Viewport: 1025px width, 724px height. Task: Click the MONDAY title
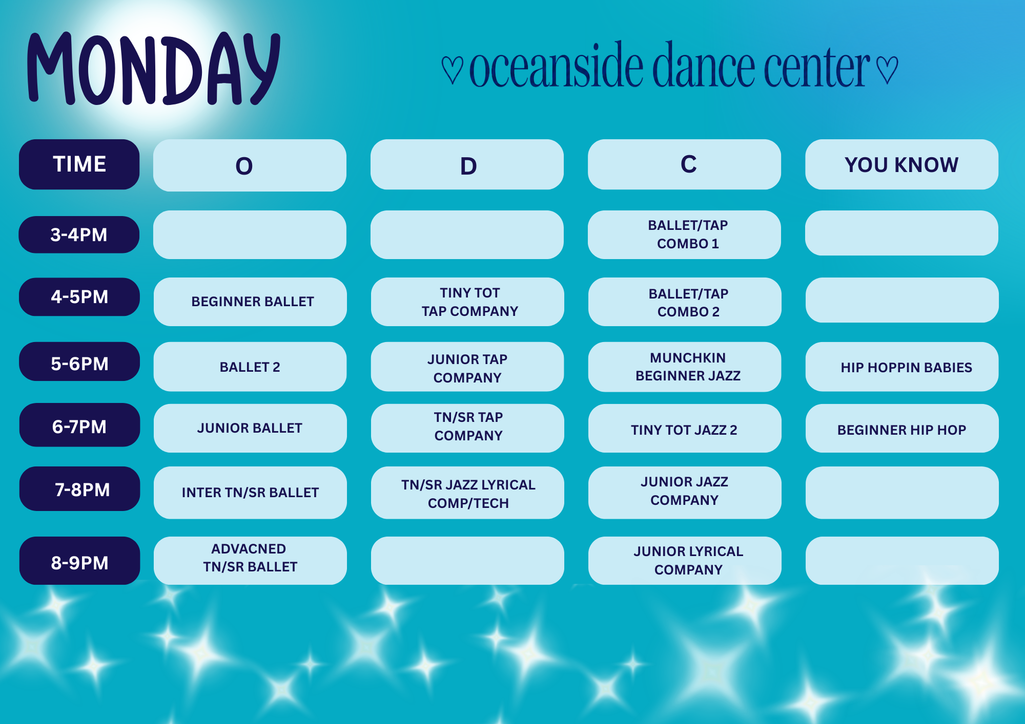154,69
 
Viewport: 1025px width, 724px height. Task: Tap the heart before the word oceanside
452,70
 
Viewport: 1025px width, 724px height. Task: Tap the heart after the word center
887,70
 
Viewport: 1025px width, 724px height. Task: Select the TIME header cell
79,164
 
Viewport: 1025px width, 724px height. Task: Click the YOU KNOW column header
901,164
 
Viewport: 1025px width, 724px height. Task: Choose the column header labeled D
467,164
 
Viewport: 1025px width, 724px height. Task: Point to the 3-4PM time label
79,235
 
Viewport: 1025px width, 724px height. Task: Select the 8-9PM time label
79,561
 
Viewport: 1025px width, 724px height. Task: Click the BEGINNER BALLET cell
250,302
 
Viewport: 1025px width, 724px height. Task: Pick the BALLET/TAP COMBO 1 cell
684,235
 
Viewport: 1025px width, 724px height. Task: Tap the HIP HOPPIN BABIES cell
902,367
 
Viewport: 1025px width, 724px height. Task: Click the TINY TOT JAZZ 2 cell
685,428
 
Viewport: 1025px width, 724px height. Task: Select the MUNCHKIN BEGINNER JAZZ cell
685,367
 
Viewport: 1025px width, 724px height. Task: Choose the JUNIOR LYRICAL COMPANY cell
685,561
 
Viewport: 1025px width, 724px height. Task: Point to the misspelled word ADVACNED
249,549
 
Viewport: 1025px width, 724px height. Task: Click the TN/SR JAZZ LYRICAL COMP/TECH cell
467,493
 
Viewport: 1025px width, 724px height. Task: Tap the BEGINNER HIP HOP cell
902,428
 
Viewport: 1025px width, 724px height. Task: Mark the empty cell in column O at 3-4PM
250,235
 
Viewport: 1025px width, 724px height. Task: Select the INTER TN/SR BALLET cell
250,493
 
